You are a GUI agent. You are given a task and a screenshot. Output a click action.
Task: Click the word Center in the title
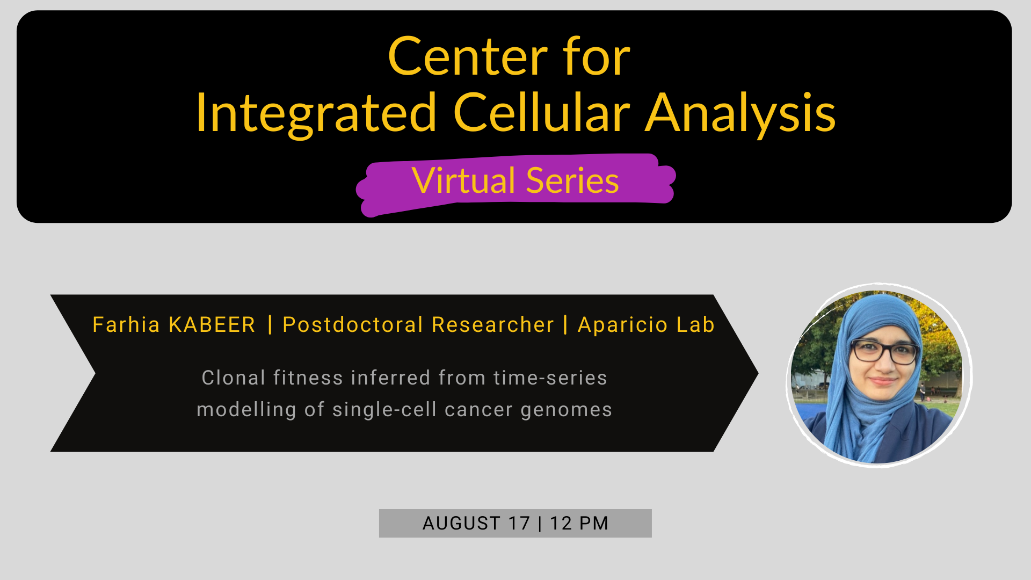click(468, 57)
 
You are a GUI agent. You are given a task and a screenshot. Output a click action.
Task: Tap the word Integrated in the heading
click(316, 114)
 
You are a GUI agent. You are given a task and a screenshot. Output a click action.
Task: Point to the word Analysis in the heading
click(740, 114)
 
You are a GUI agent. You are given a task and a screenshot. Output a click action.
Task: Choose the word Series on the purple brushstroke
click(572, 180)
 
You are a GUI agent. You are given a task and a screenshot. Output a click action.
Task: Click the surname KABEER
click(212, 325)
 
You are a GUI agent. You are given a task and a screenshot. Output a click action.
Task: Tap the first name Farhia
click(126, 324)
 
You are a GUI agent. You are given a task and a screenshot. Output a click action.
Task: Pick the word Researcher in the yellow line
click(492, 324)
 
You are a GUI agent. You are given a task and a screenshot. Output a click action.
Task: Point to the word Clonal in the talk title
click(234, 378)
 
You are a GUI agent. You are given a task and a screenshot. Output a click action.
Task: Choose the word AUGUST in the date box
click(461, 523)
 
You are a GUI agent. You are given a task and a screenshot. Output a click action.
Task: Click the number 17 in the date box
click(519, 523)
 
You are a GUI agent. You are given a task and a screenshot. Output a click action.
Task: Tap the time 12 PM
click(579, 523)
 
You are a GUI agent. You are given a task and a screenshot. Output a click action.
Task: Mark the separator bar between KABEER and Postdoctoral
click(270, 325)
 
